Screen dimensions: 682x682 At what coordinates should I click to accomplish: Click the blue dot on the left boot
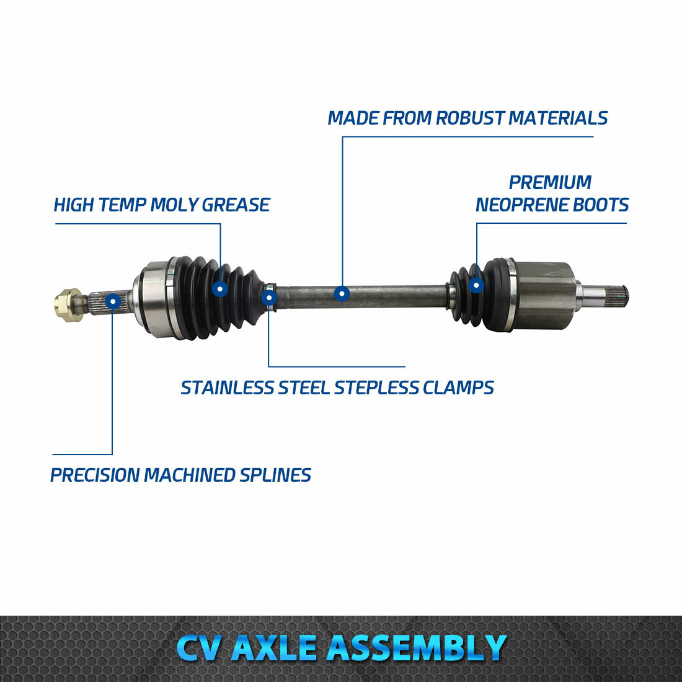[x=220, y=288]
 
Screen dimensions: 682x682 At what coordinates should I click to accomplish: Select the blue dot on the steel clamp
[x=268, y=298]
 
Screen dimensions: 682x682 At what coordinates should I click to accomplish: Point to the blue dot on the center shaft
[x=342, y=293]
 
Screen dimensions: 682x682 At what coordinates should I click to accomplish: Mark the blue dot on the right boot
[x=476, y=285]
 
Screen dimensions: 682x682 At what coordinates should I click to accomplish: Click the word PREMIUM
[x=550, y=182]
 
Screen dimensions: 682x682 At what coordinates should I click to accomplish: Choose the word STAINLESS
[x=227, y=388]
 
